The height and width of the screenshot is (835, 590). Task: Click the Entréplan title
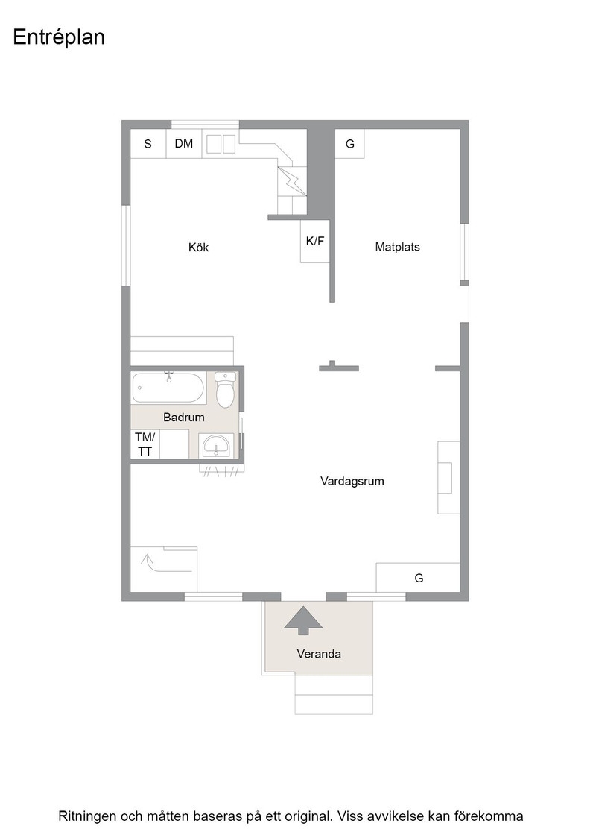(x=59, y=38)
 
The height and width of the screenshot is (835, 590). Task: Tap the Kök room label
(x=198, y=247)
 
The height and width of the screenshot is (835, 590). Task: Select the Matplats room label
(x=397, y=247)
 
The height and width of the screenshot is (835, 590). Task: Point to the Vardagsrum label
(x=352, y=482)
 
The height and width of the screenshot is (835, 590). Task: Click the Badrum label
(x=183, y=417)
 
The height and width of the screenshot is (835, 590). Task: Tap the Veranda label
(x=319, y=653)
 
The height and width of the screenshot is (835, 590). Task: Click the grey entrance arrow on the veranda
(x=303, y=620)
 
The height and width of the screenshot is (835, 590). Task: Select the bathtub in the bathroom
(x=168, y=388)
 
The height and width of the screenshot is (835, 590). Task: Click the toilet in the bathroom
(x=226, y=390)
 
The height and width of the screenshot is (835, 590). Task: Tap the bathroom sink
(x=216, y=446)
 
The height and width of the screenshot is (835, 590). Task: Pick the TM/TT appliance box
(x=145, y=444)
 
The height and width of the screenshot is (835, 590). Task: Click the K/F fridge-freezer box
(x=315, y=241)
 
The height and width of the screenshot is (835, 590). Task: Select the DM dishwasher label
(x=184, y=143)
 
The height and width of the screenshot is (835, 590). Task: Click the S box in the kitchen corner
(x=148, y=144)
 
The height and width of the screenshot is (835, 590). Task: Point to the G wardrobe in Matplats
(x=349, y=144)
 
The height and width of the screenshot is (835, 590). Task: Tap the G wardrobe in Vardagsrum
(x=418, y=577)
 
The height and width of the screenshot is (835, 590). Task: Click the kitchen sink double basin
(x=221, y=144)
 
